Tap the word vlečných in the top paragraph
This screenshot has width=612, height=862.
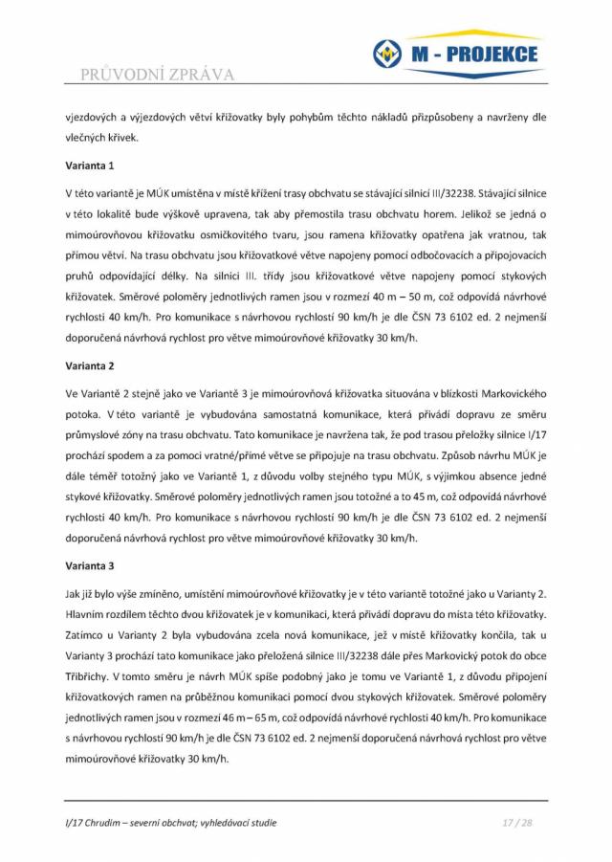click(x=86, y=137)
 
